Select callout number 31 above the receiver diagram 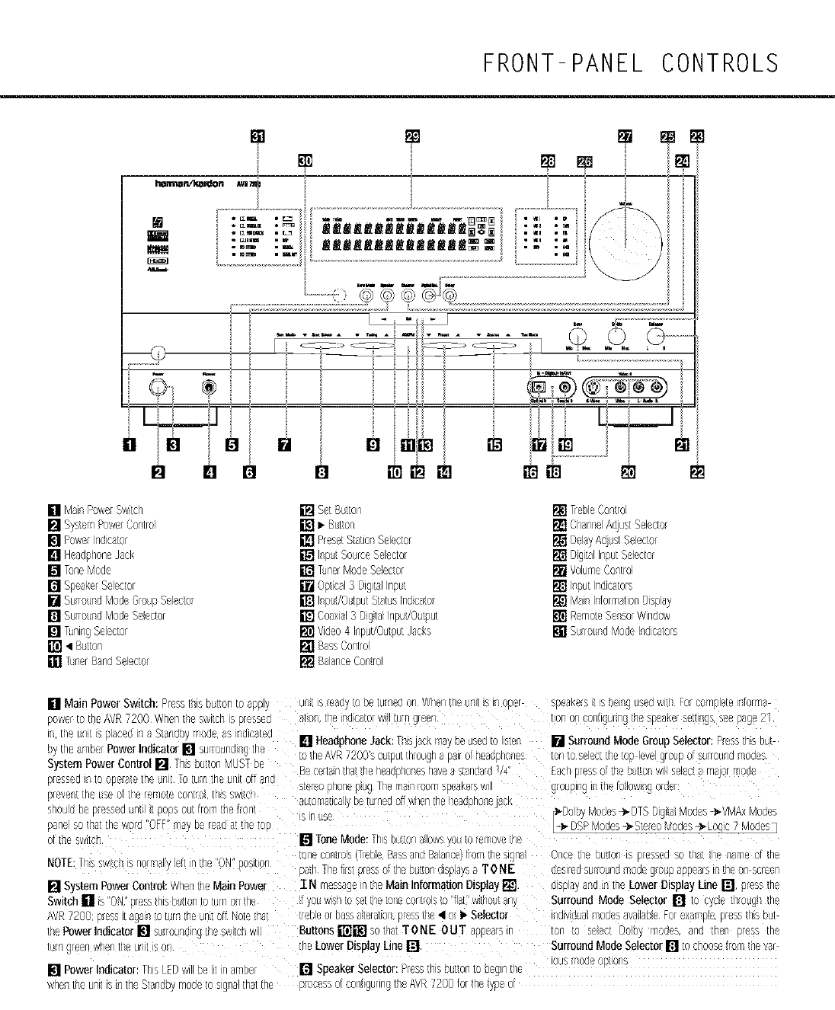point(258,136)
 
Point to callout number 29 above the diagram point(412,136)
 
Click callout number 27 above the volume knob point(625,136)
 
